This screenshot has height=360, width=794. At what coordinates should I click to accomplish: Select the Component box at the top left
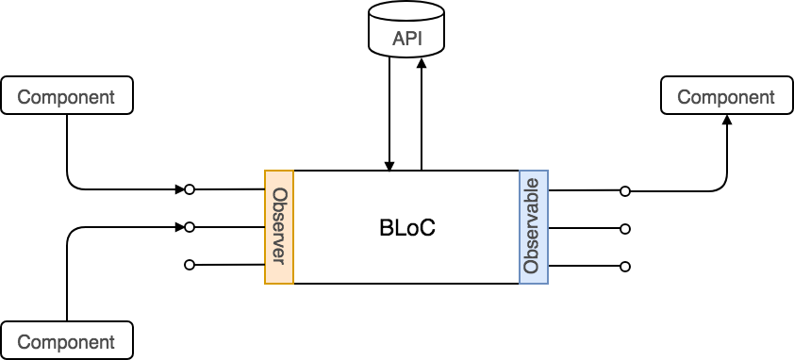(66, 96)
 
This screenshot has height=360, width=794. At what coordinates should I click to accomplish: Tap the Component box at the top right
(726, 96)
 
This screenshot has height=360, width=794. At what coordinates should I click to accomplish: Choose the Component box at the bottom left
(66, 341)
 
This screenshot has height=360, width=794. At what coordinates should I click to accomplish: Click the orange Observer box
(279, 226)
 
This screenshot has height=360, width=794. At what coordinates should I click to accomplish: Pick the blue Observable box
(533, 226)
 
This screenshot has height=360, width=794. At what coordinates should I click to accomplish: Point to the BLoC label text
(406, 228)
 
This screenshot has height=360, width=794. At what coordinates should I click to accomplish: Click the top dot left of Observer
(190, 189)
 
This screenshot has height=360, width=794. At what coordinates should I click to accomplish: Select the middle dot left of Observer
(190, 227)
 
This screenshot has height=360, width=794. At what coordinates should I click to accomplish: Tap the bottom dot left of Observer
(190, 265)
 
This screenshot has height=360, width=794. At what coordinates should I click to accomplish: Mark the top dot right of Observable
(624, 191)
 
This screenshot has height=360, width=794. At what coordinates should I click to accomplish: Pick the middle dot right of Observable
(624, 229)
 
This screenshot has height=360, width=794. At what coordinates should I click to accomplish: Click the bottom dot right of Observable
(624, 267)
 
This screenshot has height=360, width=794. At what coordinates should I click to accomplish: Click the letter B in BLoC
(385, 228)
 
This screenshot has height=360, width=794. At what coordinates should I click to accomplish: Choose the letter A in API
(398, 41)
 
